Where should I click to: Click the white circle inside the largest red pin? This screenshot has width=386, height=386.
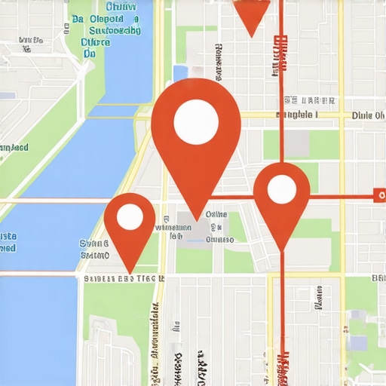(x=196, y=120)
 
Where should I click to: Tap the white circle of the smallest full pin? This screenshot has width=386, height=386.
(x=130, y=217)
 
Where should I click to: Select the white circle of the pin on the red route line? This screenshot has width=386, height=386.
(x=281, y=189)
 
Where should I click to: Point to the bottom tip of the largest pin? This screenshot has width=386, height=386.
(x=197, y=219)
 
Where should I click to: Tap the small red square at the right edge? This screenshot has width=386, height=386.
(x=378, y=196)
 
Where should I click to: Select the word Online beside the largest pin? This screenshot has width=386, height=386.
(x=216, y=214)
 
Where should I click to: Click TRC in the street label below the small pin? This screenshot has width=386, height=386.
(x=151, y=278)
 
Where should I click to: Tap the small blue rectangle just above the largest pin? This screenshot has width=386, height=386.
(x=180, y=73)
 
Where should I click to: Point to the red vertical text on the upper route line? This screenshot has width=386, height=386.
(x=281, y=53)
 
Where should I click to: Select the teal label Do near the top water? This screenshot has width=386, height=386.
(x=90, y=54)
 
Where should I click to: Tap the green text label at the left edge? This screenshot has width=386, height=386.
(x=14, y=147)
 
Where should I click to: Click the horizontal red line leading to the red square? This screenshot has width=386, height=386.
(x=339, y=196)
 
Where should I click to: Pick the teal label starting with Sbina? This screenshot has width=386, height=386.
(x=94, y=244)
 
